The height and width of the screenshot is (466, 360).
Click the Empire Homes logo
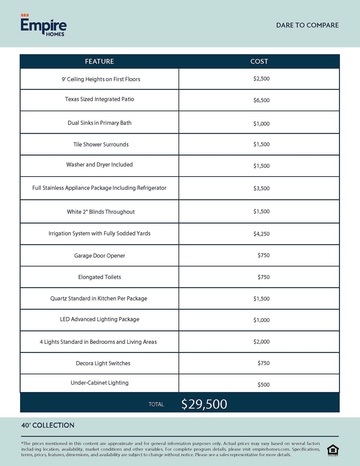pos(43,25)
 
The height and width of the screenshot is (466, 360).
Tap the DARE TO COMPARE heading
pos(307,25)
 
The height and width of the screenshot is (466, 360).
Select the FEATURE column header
pos(99,61)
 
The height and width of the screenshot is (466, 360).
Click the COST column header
pos(259,61)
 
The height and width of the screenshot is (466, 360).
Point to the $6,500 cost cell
pos(261,100)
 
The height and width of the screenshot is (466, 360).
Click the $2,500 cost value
pos(261,79)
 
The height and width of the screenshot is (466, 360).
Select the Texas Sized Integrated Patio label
pos(99,99)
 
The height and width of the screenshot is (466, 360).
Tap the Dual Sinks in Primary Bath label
pos(99,123)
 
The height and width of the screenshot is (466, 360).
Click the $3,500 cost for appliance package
pos(261,188)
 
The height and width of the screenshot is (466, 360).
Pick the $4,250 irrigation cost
pos(261,234)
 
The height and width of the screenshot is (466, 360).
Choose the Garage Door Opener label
pos(99,256)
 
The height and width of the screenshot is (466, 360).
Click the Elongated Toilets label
pos(99,277)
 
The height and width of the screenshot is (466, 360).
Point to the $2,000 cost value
pos(261,342)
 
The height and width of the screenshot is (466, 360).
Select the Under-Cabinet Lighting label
pos(99,383)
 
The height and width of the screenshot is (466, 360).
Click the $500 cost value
pos(264,385)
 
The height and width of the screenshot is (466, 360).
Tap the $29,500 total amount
pos(204,404)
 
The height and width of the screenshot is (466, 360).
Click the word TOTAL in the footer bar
pos(156,404)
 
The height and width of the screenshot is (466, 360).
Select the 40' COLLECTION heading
pos(48,425)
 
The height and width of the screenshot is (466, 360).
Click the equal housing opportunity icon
pos(333,450)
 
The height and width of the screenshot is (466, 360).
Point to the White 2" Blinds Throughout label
pos(101,212)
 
